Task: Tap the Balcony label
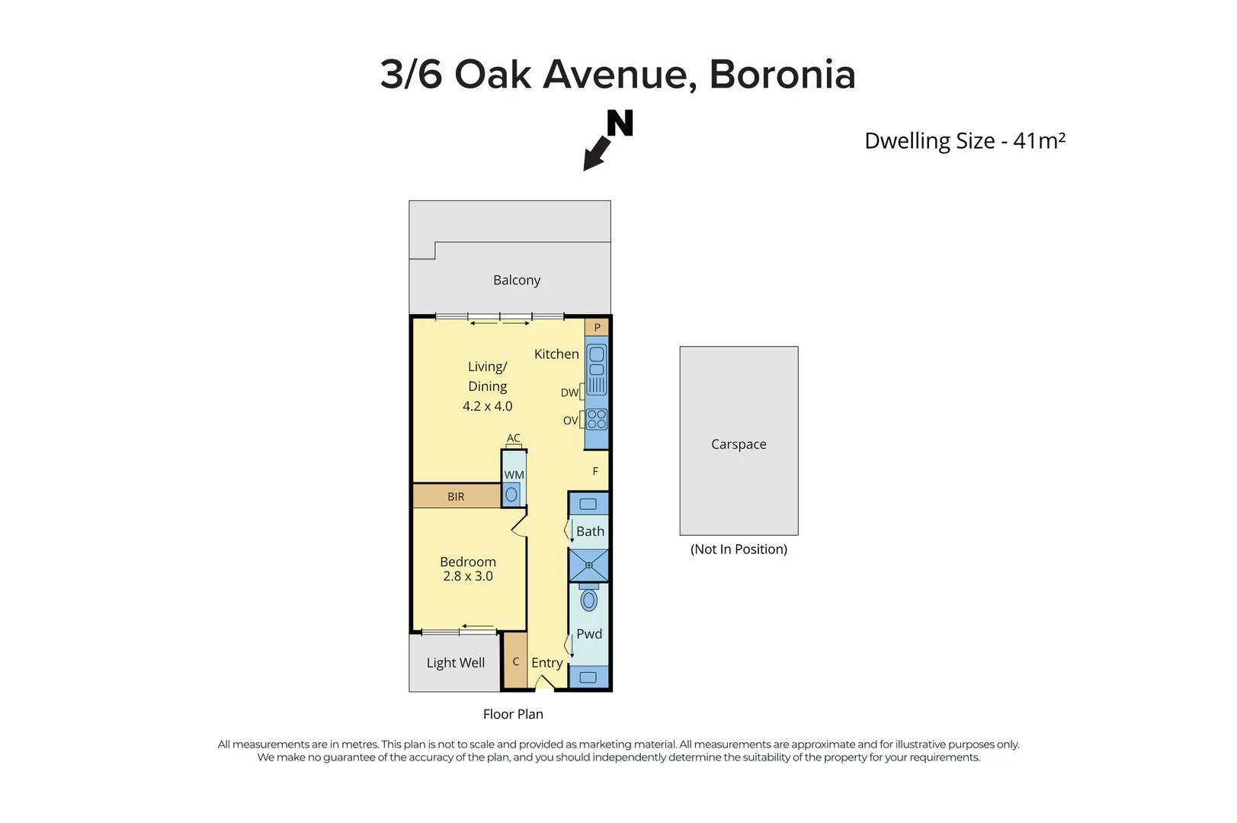pyautogui.click(x=517, y=280)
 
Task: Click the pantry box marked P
pyautogui.click(x=597, y=328)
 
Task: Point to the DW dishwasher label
pyautogui.click(x=569, y=392)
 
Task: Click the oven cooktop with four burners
pyautogui.click(x=597, y=419)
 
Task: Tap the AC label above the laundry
pyautogui.click(x=514, y=438)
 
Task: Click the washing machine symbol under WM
pyautogui.click(x=511, y=495)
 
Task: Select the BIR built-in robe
pyautogui.click(x=456, y=496)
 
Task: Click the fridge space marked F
pyautogui.click(x=595, y=472)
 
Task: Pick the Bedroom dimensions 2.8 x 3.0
pyautogui.click(x=468, y=577)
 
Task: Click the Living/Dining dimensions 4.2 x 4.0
pyautogui.click(x=488, y=407)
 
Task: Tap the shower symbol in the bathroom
pyautogui.click(x=588, y=565)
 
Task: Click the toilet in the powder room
pyautogui.click(x=588, y=600)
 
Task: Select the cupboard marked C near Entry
pyautogui.click(x=516, y=661)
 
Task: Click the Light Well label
pyautogui.click(x=456, y=663)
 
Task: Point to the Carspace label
pyautogui.click(x=739, y=444)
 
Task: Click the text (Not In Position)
pyautogui.click(x=739, y=549)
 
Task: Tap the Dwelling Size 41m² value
pyautogui.click(x=1038, y=141)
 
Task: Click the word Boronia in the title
pyautogui.click(x=782, y=75)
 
